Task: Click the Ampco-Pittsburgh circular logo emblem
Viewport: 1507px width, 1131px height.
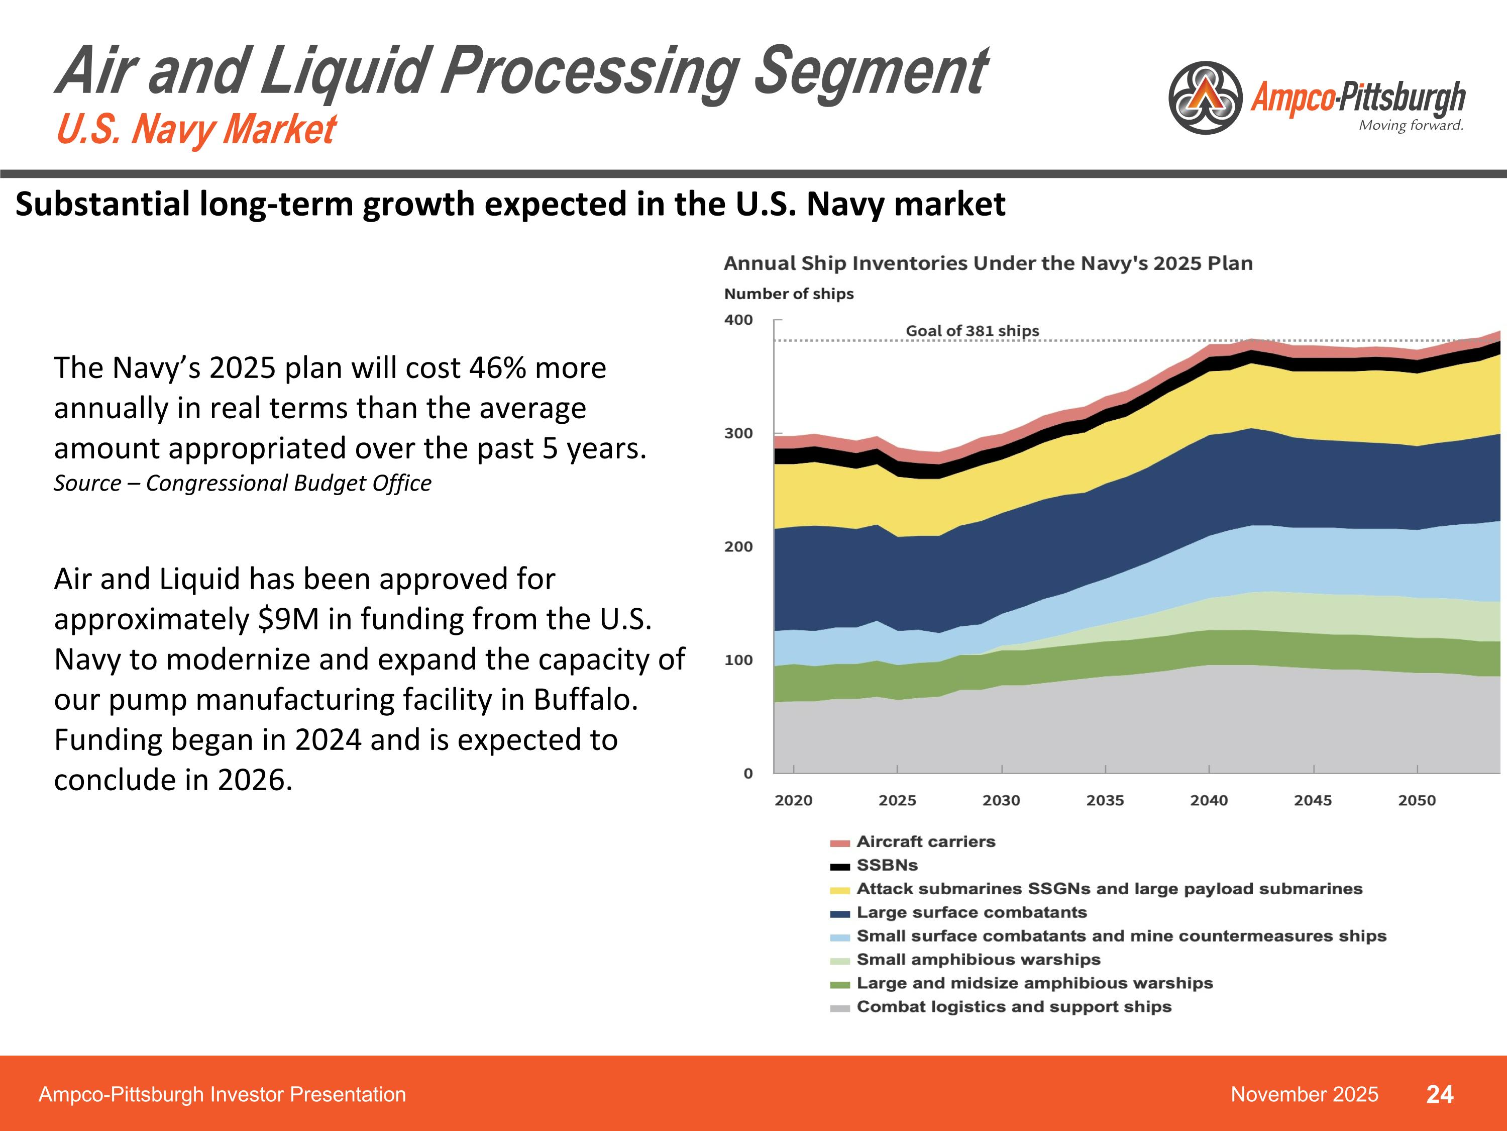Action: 1205,98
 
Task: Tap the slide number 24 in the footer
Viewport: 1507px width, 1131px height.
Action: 1440,1094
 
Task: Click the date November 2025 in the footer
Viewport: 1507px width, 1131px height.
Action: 1304,1094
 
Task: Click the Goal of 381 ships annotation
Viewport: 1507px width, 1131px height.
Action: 972,331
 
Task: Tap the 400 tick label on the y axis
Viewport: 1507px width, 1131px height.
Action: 738,320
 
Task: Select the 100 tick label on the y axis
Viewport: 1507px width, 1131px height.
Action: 738,660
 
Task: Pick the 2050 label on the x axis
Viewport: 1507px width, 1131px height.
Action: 1417,800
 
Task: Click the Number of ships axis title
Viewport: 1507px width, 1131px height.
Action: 788,294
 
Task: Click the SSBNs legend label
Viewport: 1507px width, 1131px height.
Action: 887,865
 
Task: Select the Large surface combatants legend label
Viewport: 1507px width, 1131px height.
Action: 972,912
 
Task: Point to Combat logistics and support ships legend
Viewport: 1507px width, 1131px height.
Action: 1014,1007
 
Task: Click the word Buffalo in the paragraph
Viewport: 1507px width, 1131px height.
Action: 585,700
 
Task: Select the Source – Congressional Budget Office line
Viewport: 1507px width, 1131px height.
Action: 243,483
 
